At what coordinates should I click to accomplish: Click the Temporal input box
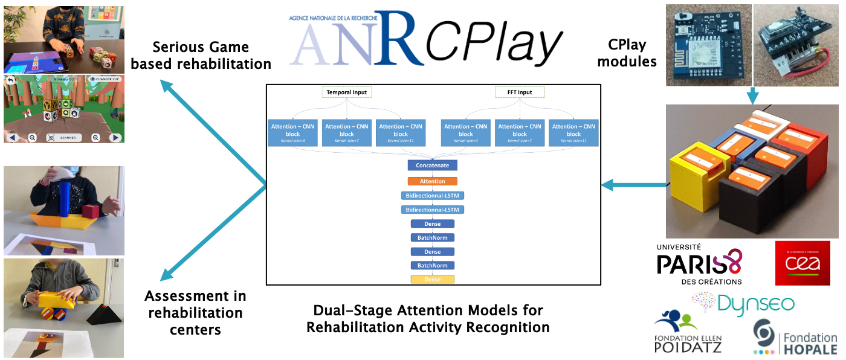click(347, 92)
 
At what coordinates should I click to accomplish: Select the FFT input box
click(520, 92)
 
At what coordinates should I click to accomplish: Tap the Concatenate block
click(433, 165)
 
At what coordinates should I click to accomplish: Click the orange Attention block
click(433, 181)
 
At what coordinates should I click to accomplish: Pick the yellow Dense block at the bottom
click(433, 280)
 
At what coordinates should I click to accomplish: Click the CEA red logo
click(802, 263)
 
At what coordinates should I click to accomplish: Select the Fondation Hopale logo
click(795, 336)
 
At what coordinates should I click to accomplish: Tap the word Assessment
click(195, 296)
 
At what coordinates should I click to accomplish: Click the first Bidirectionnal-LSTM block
click(433, 196)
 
